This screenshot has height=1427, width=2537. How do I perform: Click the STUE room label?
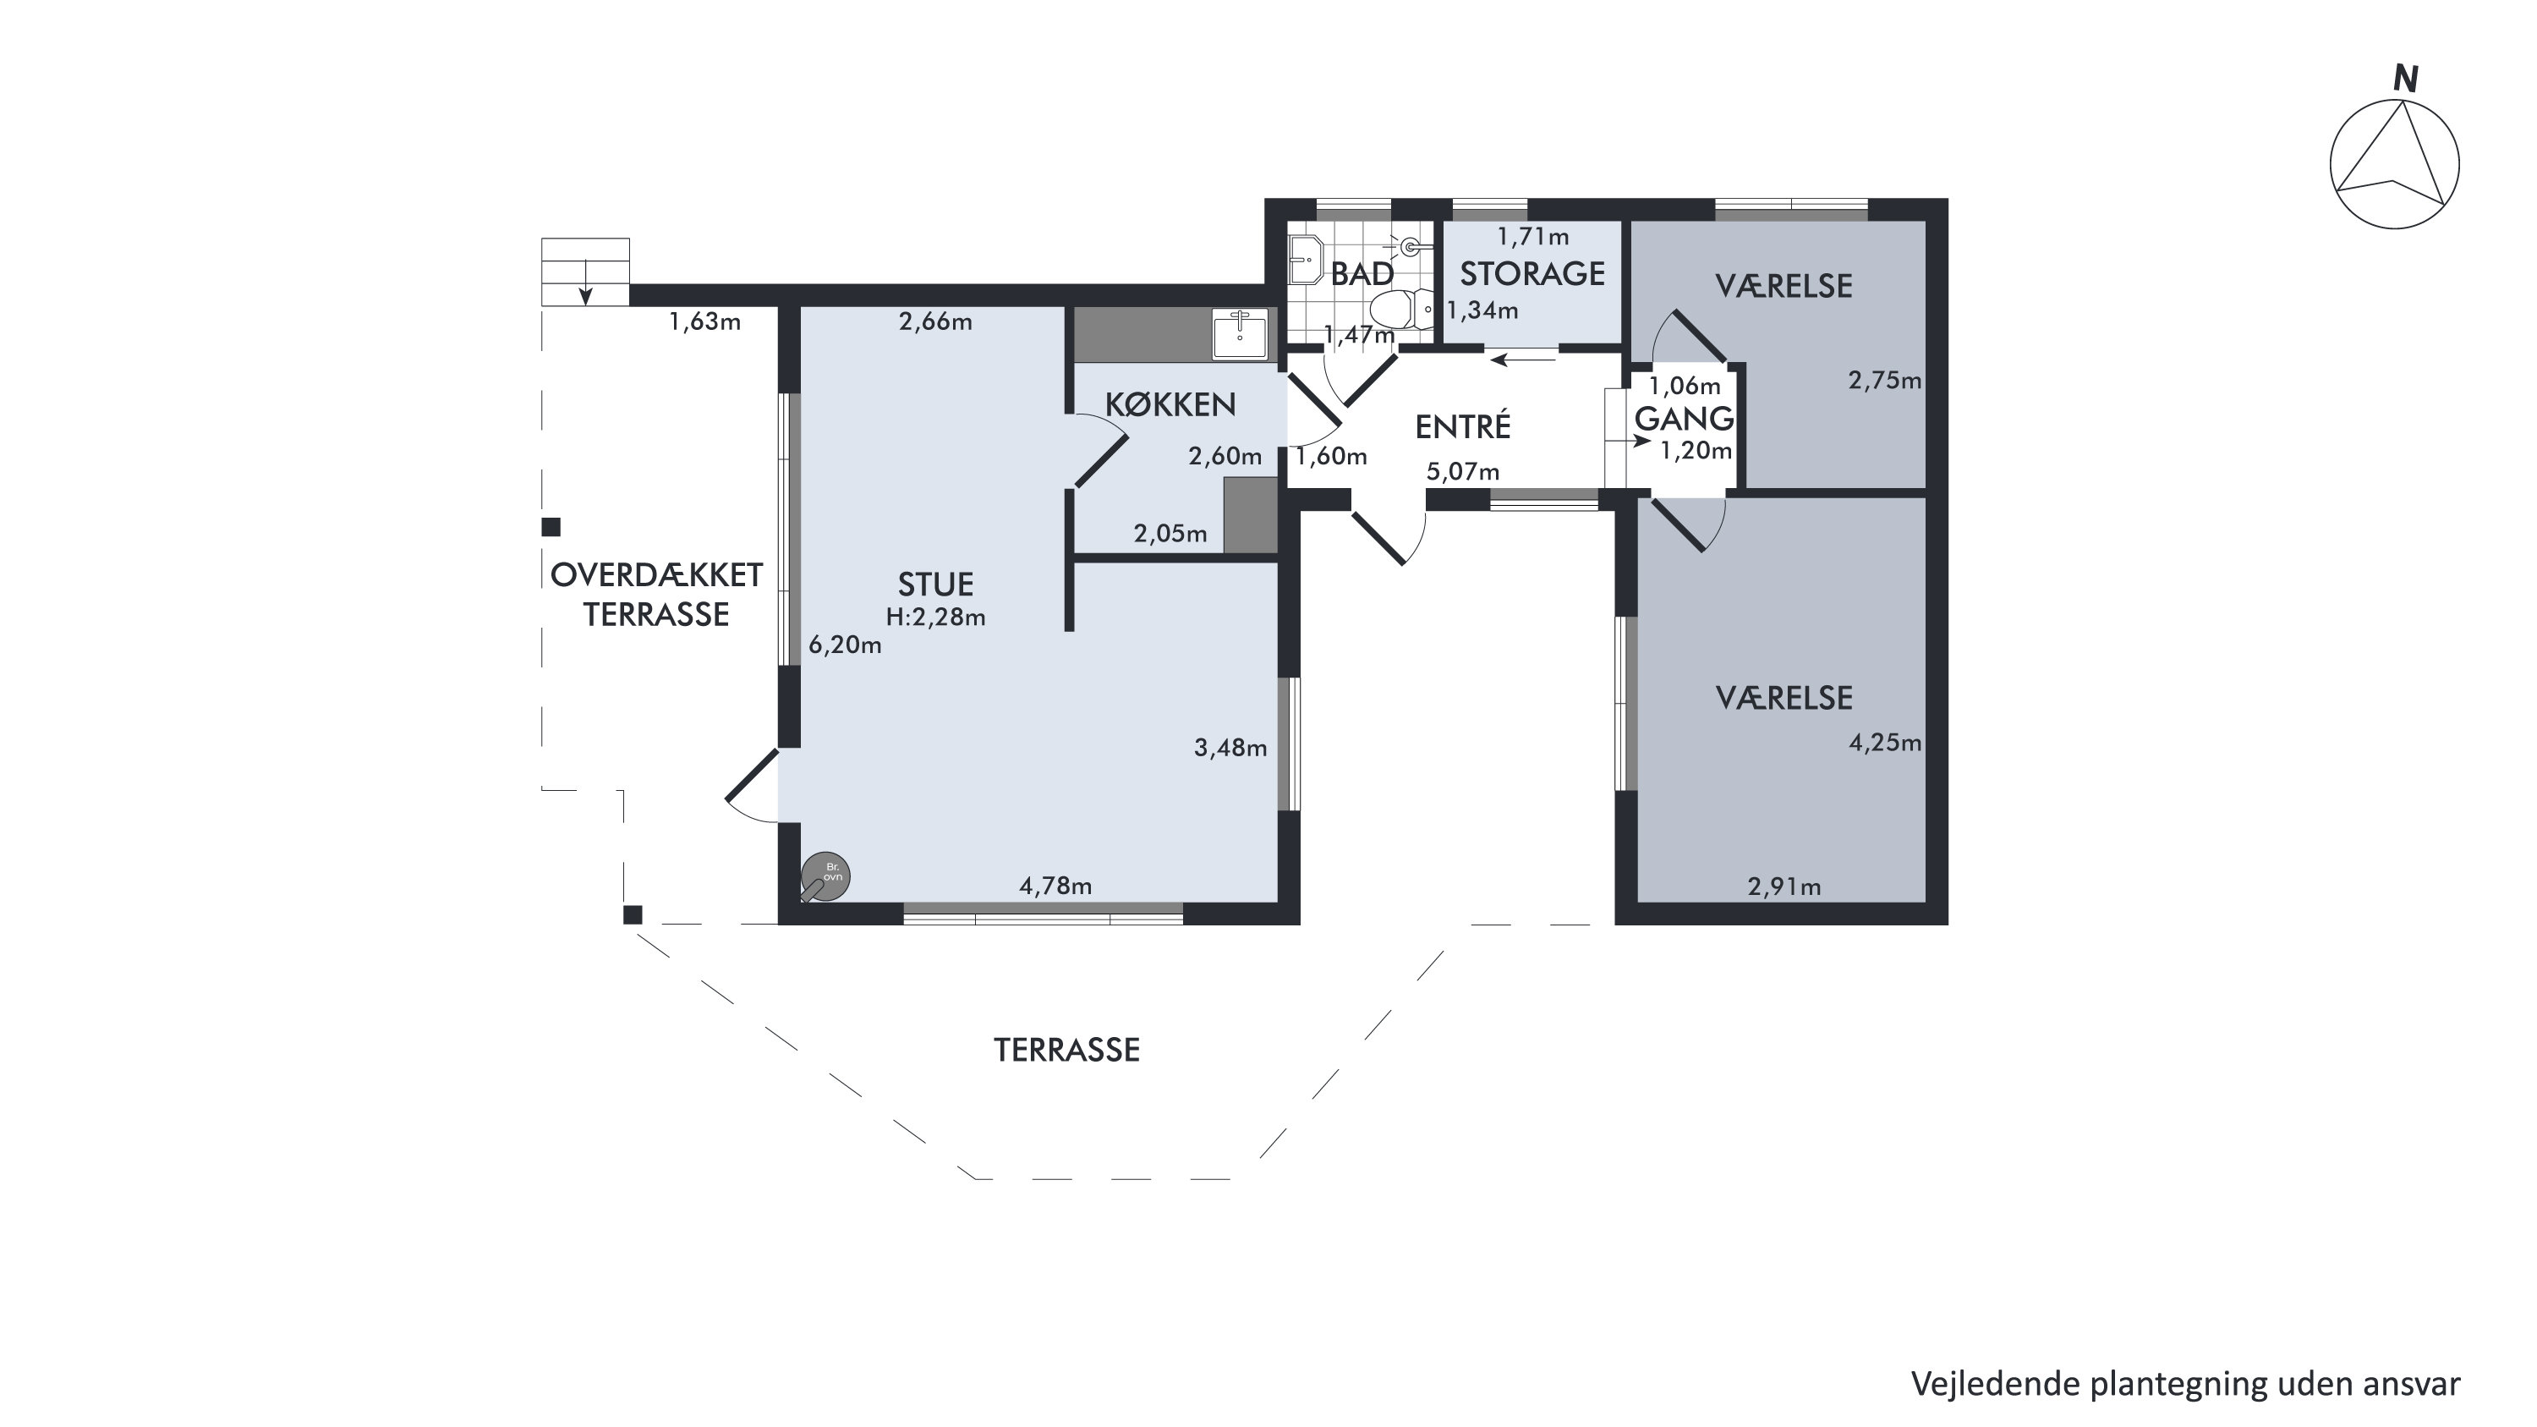(x=935, y=585)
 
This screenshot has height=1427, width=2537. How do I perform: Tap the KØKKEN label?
(x=1170, y=405)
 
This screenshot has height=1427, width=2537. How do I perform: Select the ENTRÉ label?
(x=1462, y=426)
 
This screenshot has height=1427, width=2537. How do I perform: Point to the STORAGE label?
(x=1532, y=274)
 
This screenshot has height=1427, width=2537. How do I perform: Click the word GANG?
(x=1684, y=419)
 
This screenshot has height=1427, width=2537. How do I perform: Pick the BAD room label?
(x=1362, y=275)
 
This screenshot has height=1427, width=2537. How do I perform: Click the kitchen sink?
(x=1240, y=334)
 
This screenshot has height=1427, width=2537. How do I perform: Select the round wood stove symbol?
(x=825, y=876)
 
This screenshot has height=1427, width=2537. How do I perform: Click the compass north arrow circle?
(x=2394, y=166)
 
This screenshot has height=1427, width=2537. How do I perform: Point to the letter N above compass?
(x=2406, y=79)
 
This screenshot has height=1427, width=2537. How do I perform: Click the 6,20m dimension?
(x=845, y=645)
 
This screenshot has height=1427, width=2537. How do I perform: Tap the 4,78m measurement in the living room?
(x=1055, y=886)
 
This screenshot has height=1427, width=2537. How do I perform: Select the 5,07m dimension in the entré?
(x=1464, y=472)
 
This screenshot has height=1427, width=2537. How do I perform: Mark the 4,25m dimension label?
(x=1885, y=743)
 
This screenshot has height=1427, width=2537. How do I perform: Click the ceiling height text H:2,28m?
(x=935, y=617)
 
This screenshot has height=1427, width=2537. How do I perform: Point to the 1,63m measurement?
(x=705, y=322)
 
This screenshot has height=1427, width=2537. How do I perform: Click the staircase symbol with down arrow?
(x=585, y=272)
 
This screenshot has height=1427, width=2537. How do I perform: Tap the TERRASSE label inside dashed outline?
(x=1066, y=1050)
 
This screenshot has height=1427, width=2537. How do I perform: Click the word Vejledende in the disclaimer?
(x=1997, y=1384)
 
